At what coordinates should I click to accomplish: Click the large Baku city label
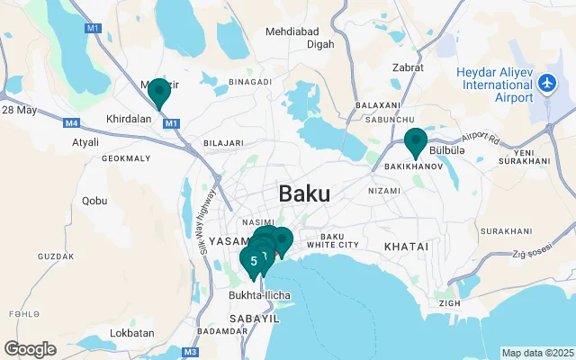point(304,193)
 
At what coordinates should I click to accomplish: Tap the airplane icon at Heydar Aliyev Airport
point(546,84)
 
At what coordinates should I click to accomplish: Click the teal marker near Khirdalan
point(159,93)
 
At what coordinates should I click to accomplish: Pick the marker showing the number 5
point(254,261)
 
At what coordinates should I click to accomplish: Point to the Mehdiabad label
point(294,31)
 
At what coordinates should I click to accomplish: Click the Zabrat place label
point(409,67)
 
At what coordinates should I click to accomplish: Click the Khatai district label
point(407,246)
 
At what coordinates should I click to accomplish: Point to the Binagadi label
point(250,81)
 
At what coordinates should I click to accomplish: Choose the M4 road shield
point(72,121)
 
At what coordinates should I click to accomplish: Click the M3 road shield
point(190,352)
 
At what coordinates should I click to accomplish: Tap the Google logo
point(31,349)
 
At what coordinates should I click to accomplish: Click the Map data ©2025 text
point(536,353)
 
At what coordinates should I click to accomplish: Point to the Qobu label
point(94,201)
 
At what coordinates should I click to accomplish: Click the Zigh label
point(449,302)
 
